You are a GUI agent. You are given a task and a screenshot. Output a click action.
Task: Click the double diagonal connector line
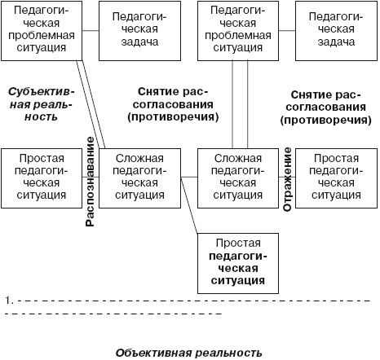click(92, 106)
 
